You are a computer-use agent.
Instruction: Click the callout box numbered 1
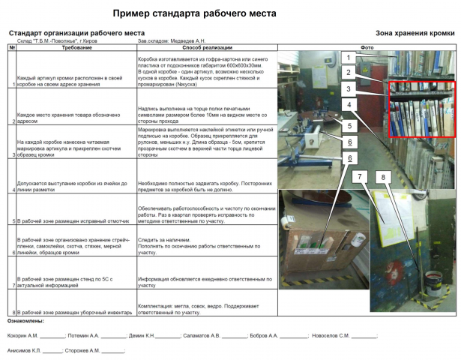coord(349,57)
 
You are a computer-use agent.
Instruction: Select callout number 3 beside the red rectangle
coord(349,88)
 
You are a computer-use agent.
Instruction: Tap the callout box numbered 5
coord(349,125)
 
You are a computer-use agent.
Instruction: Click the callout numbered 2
coord(349,72)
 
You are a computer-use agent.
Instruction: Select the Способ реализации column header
coord(207,47)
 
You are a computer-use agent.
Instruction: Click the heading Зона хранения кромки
coord(415,34)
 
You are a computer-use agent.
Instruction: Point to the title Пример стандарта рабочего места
coord(194,13)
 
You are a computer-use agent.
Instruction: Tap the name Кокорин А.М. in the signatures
coord(22,335)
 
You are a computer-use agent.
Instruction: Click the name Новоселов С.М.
coord(331,335)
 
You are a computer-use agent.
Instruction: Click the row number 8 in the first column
coord(13,312)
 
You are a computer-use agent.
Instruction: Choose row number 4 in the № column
coord(13,190)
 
